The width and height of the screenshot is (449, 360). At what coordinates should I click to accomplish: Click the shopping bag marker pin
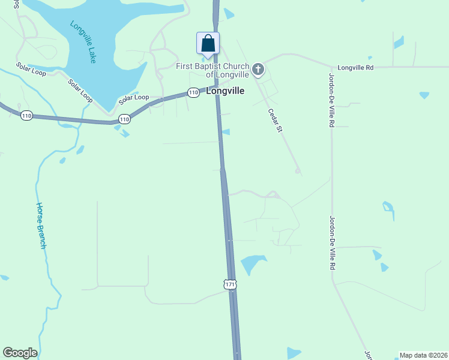(x=208, y=44)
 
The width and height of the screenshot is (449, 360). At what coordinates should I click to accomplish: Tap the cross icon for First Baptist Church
(x=258, y=70)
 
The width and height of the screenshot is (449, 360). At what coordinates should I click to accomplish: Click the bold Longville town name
(x=225, y=91)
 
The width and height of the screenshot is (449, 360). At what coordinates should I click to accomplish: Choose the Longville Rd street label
(x=355, y=68)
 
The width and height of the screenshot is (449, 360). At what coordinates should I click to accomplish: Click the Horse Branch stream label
(x=41, y=225)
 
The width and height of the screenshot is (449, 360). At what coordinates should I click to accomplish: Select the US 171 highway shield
(x=231, y=284)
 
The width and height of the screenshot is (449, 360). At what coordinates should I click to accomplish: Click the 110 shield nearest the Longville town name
(x=193, y=92)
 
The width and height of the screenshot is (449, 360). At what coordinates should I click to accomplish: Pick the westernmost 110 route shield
(x=26, y=116)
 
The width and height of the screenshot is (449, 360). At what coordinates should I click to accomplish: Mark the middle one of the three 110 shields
(x=124, y=119)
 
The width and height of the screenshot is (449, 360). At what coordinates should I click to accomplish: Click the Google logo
(x=20, y=353)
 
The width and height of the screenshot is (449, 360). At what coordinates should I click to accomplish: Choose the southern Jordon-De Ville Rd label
(x=331, y=243)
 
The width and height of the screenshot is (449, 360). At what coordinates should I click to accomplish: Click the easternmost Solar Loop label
(x=133, y=97)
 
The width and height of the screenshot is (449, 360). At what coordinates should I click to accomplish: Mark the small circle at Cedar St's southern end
(x=297, y=171)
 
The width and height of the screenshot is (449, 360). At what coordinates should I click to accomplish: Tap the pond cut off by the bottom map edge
(x=294, y=353)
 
